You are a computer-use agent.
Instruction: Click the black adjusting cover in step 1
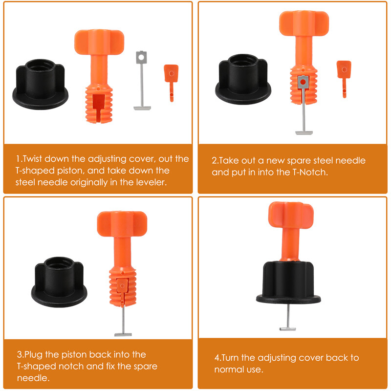[x=40, y=84]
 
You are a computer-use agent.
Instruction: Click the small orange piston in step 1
[x=172, y=83]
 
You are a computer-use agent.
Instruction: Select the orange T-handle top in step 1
[x=99, y=42]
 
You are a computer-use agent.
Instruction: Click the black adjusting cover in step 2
[x=243, y=79]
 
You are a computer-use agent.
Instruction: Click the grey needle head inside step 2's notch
[x=303, y=82]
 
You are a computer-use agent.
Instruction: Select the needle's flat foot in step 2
[x=304, y=133]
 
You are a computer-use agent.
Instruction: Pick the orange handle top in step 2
[x=304, y=23]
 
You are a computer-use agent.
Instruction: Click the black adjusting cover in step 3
[x=59, y=282]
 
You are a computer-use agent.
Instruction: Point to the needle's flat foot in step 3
[x=123, y=334]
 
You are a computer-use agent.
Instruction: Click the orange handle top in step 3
[x=122, y=224]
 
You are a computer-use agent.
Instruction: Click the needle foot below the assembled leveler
[x=287, y=328]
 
